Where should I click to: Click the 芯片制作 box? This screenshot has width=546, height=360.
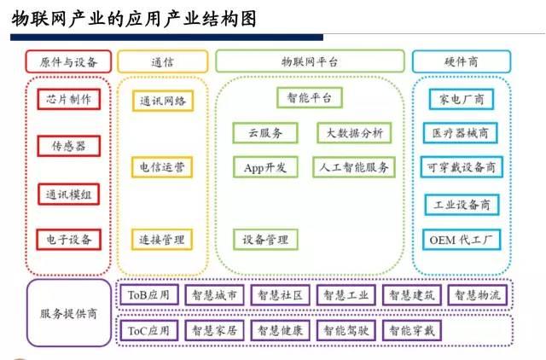(68, 100)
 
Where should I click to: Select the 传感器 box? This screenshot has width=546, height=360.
(68, 147)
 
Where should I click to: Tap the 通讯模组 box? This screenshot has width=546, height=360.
(68, 194)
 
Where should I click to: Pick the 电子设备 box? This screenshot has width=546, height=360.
(68, 239)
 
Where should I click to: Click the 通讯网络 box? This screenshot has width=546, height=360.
(161, 101)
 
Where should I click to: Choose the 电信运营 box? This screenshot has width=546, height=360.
(161, 166)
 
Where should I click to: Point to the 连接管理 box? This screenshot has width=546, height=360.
(161, 239)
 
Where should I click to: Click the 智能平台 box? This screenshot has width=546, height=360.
(309, 98)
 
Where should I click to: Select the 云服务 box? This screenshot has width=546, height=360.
(265, 133)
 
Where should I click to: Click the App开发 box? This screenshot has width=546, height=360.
(265, 167)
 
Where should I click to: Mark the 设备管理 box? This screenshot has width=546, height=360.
(265, 239)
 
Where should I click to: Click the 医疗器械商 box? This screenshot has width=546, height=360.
(461, 133)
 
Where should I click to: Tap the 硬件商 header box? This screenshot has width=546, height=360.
(461, 61)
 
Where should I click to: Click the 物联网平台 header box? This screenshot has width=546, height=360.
(309, 61)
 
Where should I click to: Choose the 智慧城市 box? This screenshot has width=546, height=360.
(213, 295)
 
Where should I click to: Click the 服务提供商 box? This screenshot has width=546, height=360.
(68, 313)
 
